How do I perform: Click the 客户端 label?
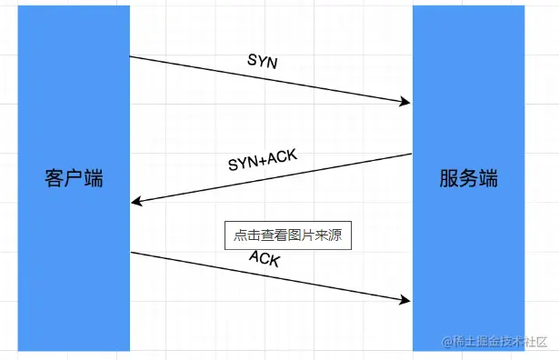click(74, 178)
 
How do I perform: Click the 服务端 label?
click(468, 178)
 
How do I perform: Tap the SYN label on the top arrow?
click(264, 61)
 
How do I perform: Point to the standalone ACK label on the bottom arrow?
click(265, 259)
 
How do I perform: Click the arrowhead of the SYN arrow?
click(407, 103)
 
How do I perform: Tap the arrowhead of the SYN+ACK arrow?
click(135, 202)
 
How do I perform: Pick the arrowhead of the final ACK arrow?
click(407, 300)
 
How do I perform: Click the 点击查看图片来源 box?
click(287, 235)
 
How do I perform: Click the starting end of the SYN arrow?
click(132, 57)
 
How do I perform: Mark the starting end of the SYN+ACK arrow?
click(411, 155)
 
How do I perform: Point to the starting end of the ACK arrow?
click(132, 253)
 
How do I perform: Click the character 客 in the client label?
click(55, 178)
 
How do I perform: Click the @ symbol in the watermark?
click(447, 342)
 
